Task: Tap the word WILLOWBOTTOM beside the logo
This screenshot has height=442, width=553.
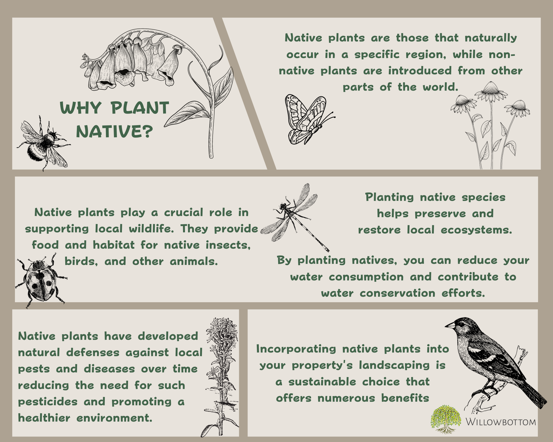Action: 500,422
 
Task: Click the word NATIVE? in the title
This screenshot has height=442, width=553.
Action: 114,131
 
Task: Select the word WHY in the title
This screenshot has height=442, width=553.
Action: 81,108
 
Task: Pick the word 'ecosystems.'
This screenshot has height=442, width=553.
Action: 476,230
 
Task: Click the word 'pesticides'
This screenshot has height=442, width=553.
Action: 48,402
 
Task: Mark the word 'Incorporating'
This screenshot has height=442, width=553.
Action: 296,349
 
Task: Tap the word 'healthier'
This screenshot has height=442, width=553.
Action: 44,418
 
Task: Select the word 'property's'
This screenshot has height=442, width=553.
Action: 322,366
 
